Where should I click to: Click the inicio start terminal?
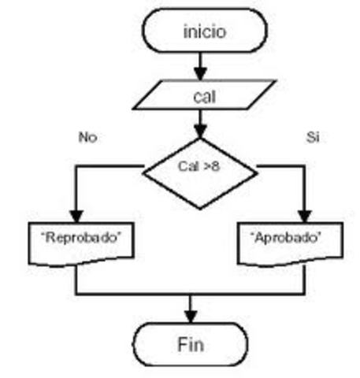coord(203,31)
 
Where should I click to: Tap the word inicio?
coord(204,32)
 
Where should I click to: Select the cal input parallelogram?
coord(204,97)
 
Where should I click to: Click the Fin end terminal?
coord(190,345)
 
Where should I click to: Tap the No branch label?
coord(87,137)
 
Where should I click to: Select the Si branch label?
coord(313,137)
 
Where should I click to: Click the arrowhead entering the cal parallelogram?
coord(201,75)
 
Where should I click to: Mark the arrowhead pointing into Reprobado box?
coord(76,216)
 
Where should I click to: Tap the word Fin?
coord(190,345)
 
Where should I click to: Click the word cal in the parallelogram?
coord(204,98)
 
